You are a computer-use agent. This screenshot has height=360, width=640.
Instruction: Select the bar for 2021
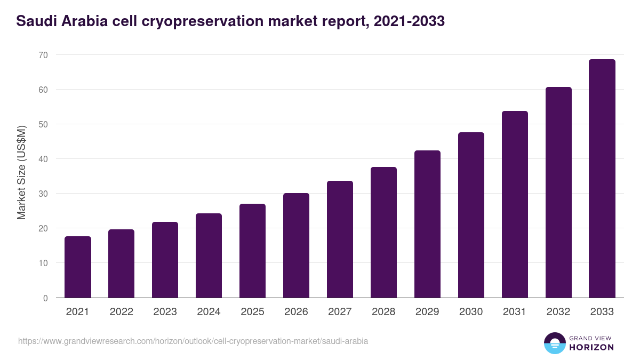coord(78,267)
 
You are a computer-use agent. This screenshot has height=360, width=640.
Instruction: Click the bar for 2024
coord(209,255)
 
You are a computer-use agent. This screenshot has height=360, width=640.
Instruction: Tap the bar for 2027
coord(340,239)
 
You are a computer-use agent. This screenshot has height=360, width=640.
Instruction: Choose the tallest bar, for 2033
coord(602,179)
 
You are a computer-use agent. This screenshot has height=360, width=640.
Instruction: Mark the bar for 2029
coord(427,224)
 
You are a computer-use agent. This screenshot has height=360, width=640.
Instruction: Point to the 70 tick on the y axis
coord(43,55)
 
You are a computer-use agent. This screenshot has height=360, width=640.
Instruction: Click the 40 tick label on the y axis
coord(43,159)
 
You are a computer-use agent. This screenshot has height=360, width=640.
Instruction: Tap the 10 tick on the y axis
coord(43,263)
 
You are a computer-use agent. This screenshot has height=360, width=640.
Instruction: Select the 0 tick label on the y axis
coord(45,298)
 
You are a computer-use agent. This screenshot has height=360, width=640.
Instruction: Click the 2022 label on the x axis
coord(122,312)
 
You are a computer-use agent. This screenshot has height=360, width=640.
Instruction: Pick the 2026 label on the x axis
coord(296,312)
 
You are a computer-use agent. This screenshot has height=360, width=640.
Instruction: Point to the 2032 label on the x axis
coord(558,312)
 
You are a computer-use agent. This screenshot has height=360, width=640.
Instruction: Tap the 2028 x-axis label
coord(383,312)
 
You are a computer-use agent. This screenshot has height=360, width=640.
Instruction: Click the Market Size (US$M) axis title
coord(21,172)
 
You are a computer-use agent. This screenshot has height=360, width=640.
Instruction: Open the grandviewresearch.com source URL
coord(193,341)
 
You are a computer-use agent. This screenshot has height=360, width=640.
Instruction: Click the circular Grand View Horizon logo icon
coord(554,343)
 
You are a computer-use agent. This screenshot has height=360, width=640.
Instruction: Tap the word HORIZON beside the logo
coord(592,347)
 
